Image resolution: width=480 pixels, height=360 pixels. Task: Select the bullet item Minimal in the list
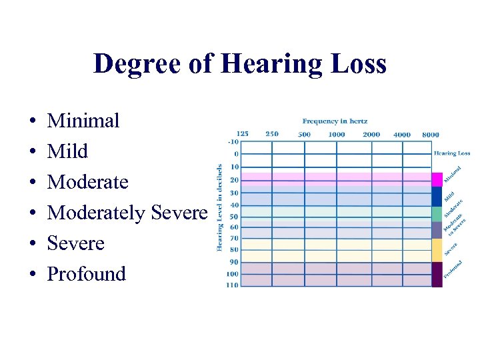[83, 121]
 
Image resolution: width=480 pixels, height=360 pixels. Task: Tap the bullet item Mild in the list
[67, 151]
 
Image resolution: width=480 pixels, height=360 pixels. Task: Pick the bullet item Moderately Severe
[127, 213]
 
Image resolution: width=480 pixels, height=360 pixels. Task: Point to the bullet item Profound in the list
[86, 274]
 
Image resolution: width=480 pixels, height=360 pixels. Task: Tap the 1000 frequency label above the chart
[337, 134]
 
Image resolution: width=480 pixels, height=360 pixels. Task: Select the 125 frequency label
[242, 133]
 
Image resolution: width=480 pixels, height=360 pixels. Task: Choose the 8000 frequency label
[431, 134]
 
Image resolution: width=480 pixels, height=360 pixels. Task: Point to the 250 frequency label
[272, 133]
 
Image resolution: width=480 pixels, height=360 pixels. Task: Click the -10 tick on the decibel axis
[233, 141]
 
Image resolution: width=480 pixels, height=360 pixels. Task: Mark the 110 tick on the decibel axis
[232, 285]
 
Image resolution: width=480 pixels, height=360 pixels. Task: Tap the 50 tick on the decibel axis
[233, 217]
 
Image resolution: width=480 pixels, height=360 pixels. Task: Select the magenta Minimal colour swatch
[437, 179]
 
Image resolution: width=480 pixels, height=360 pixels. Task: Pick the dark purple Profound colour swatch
[437, 275]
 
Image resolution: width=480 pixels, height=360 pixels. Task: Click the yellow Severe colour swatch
[437, 249]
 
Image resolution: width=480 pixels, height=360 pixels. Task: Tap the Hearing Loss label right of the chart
[452, 153]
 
